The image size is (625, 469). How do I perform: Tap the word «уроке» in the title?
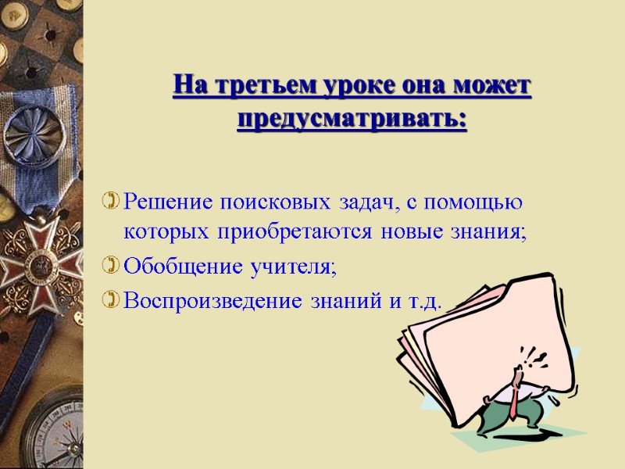click(x=355, y=85)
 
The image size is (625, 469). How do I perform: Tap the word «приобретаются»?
click(x=288, y=232)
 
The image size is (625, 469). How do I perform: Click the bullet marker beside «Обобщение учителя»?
click(x=112, y=268)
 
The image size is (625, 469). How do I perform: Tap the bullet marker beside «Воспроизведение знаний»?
click(x=112, y=301)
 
